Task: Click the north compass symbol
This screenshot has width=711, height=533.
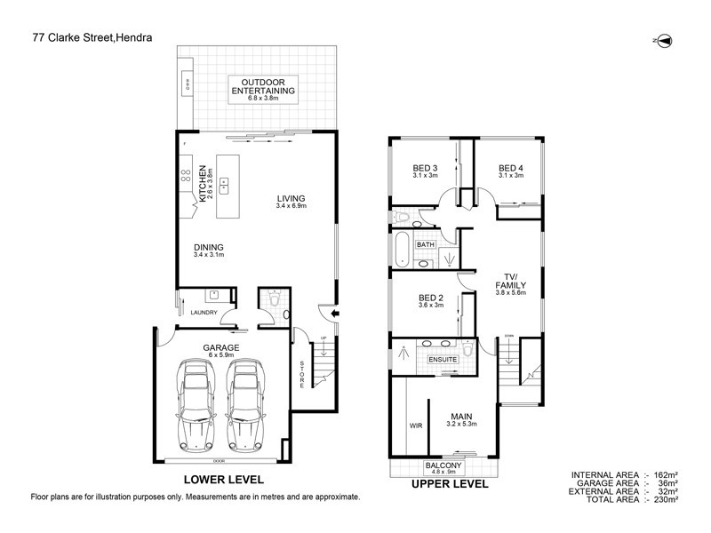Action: (x=662, y=41)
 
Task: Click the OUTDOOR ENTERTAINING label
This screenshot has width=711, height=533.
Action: (x=263, y=86)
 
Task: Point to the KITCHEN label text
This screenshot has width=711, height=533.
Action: (x=203, y=183)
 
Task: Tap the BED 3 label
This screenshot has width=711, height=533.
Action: (x=425, y=168)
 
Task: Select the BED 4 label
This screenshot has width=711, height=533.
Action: (x=510, y=168)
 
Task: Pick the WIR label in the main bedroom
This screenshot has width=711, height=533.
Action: (x=415, y=426)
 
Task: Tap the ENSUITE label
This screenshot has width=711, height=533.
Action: (x=442, y=359)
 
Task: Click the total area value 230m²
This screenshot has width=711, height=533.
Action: (x=667, y=500)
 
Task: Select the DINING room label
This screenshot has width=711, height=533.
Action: (x=208, y=248)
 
